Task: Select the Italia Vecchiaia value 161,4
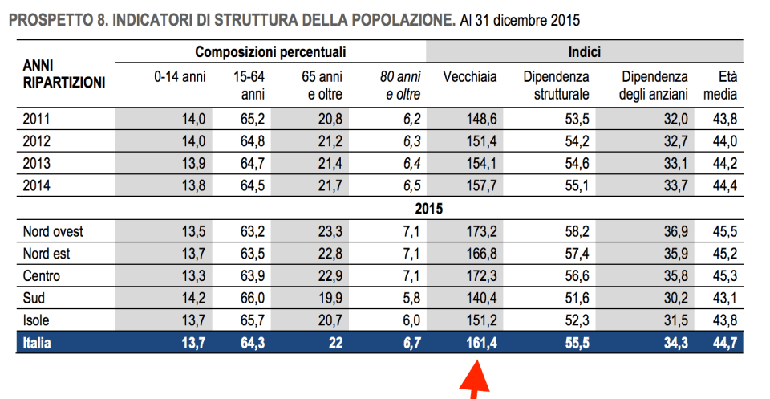coord(482,344)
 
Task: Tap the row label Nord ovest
coord(54,233)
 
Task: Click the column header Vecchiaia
coord(470,77)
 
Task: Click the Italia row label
coord(39,344)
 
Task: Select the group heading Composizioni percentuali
coord(270,53)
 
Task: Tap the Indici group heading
coord(586,53)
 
